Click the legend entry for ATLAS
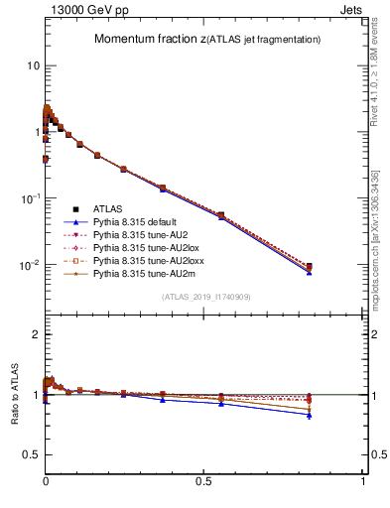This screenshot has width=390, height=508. click(108, 209)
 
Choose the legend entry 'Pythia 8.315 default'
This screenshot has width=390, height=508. click(138, 222)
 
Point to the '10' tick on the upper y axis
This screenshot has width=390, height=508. click(33, 65)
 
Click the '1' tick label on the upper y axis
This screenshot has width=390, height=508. click(36, 132)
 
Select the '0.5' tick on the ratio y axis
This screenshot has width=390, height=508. click(30, 454)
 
